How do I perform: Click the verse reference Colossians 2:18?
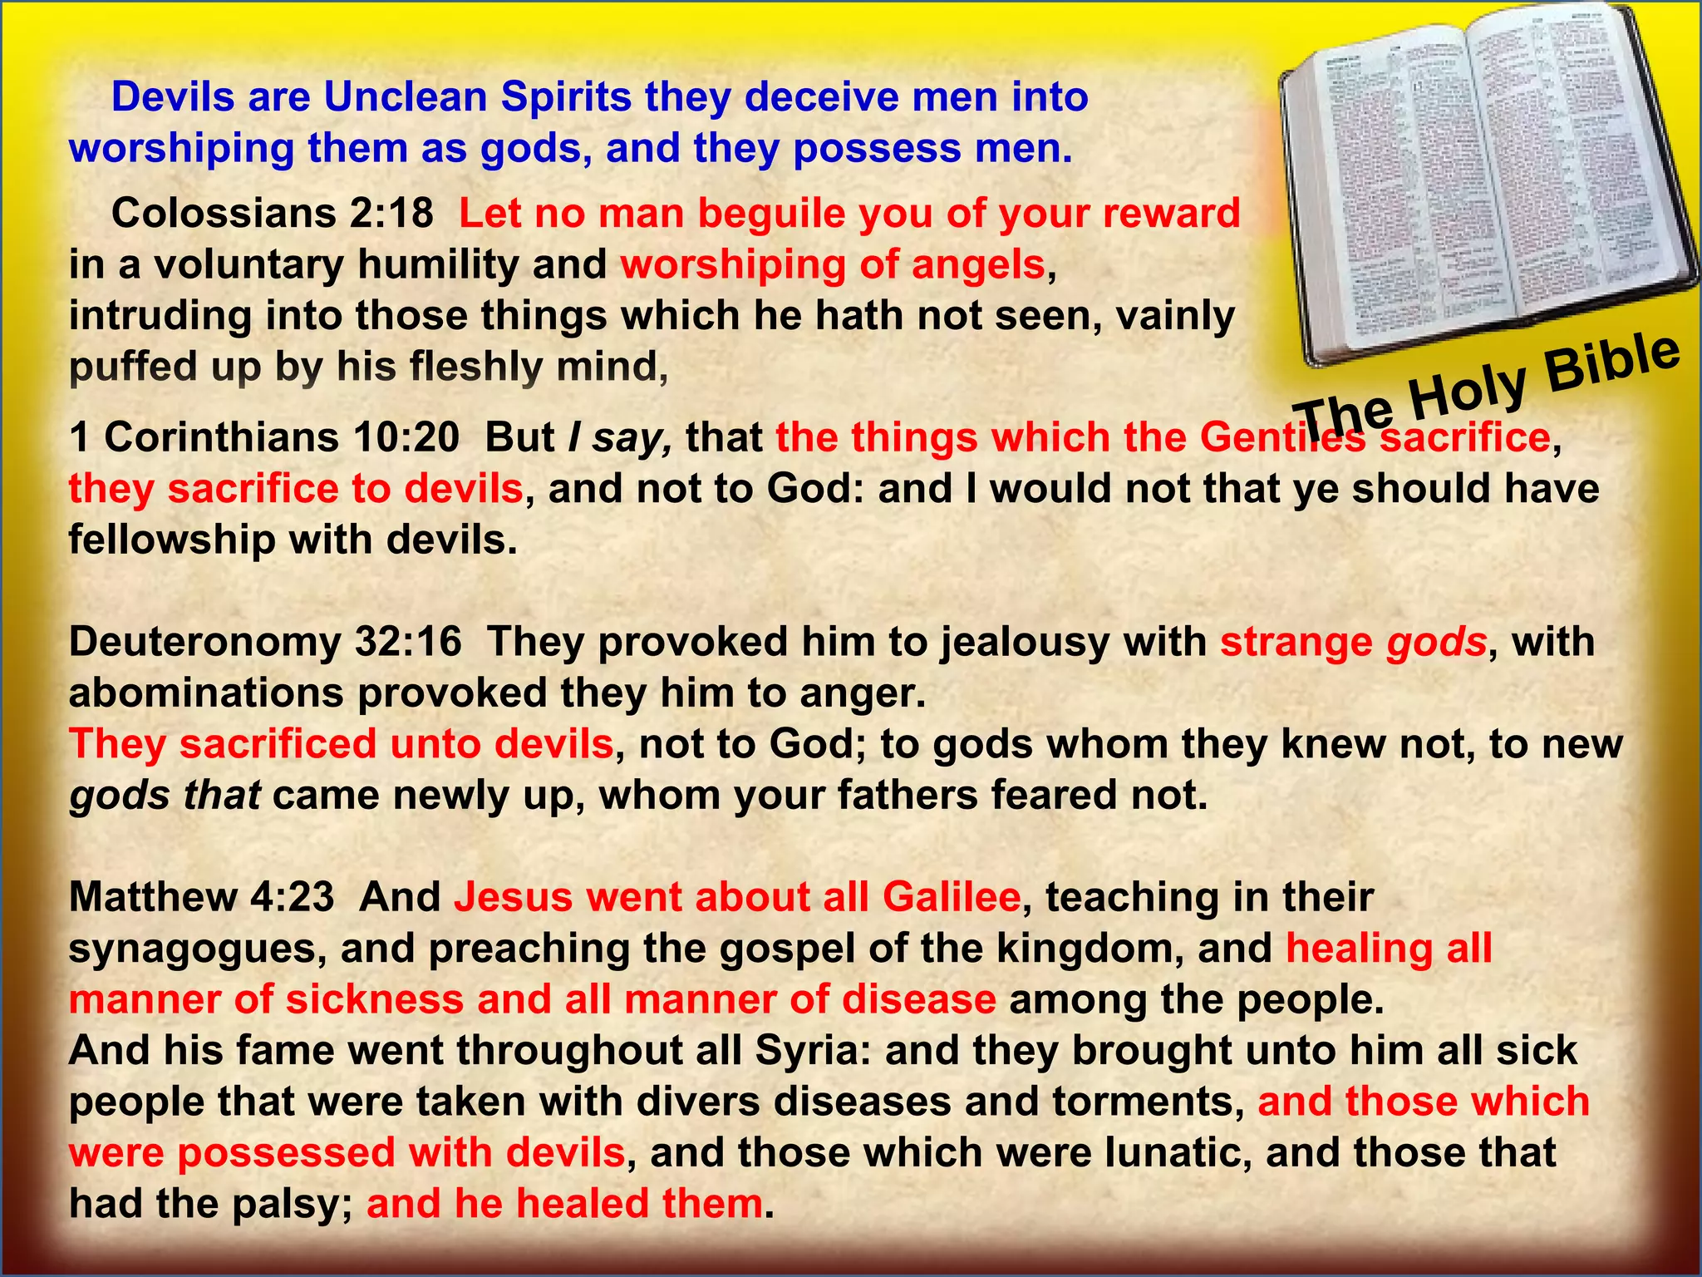(x=272, y=214)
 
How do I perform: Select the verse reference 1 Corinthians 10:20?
(x=263, y=437)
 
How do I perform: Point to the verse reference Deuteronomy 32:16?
(x=265, y=643)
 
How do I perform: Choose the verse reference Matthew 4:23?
(x=201, y=897)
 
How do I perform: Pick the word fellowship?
(x=171, y=540)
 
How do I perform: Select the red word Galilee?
(x=951, y=897)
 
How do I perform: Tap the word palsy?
(x=294, y=1205)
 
